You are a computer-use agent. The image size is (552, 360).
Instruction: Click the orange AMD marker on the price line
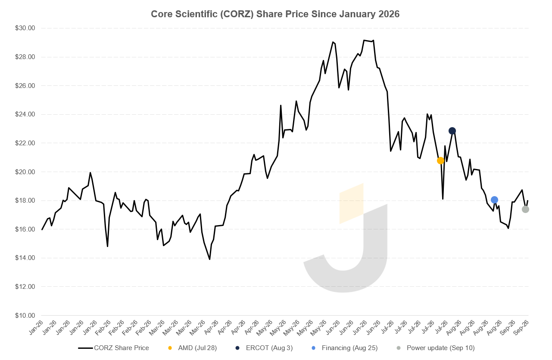[440, 160]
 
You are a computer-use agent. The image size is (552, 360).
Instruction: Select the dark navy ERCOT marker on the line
[452, 131]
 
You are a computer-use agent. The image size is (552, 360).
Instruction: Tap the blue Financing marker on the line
[494, 200]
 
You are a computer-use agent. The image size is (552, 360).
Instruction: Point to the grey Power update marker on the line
[525, 210]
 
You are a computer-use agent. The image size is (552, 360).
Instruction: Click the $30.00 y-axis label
[25, 28]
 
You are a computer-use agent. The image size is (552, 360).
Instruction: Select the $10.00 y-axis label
[25, 315]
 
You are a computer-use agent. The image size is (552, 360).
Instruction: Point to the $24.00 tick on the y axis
[25, 114]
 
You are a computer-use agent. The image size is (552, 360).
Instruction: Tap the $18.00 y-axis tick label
[25, 200]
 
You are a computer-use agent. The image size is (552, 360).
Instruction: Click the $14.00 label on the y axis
[25, 258]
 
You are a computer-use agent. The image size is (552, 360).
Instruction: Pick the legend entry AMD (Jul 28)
[197, 348]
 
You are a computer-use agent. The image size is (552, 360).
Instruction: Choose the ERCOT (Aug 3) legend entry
[269, 348]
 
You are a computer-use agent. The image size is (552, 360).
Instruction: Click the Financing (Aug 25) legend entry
[349, 348]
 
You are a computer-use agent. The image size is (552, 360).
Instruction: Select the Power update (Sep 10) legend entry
[440, 348]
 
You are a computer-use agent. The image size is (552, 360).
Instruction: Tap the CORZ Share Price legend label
[122, 348]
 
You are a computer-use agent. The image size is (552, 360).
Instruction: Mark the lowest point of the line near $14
[209, 259]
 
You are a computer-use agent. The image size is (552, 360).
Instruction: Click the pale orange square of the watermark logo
[351, 203]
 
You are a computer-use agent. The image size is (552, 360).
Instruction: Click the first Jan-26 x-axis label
[36, 328]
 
